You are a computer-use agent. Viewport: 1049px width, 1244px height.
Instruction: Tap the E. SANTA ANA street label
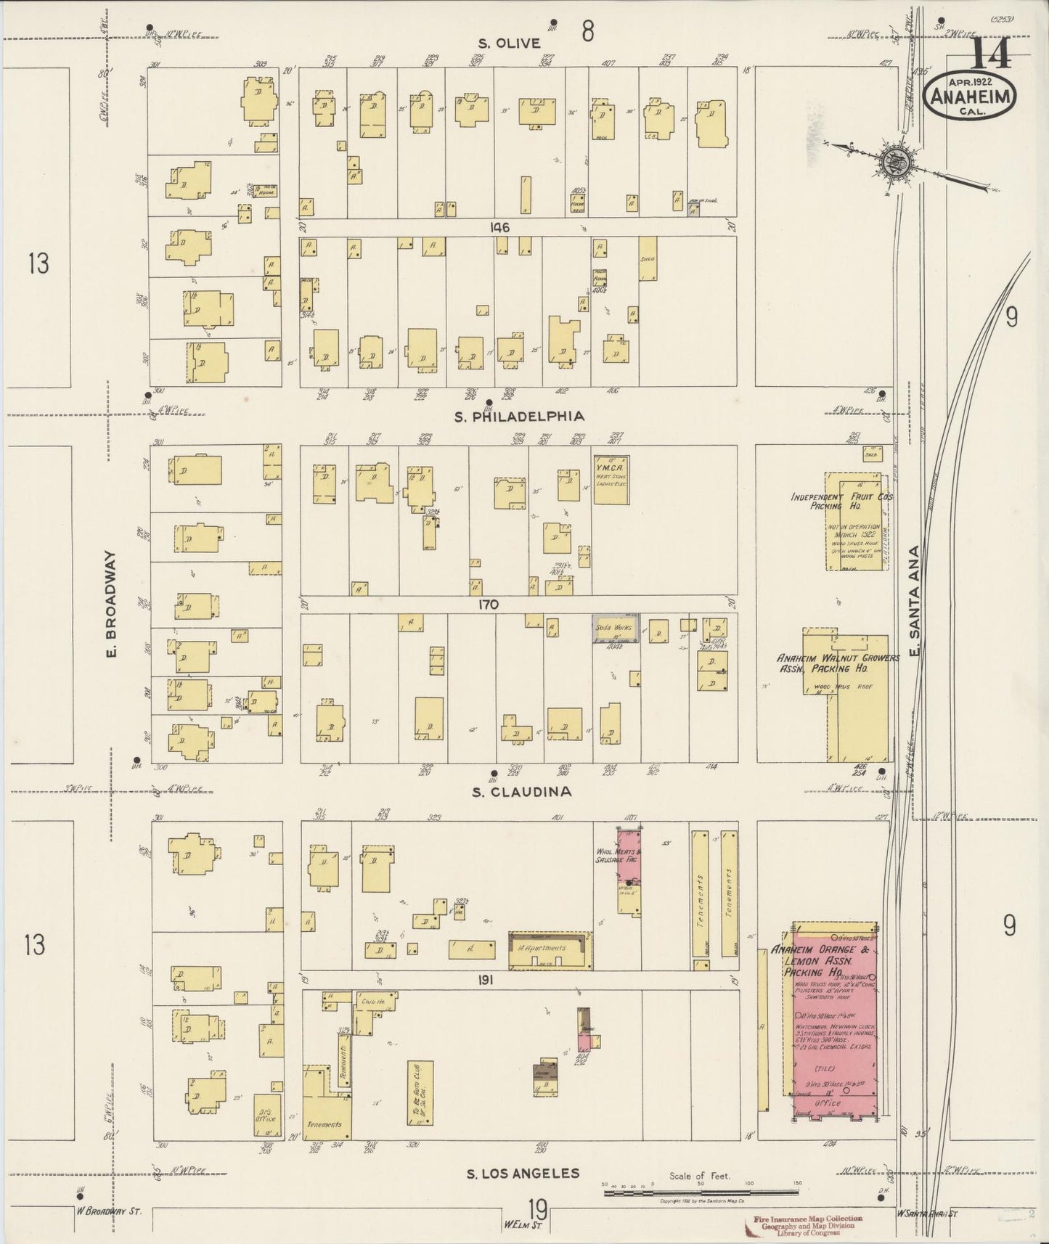(x=915, y=604)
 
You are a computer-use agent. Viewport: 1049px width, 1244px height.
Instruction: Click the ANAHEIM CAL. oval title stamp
(x=970, y=94)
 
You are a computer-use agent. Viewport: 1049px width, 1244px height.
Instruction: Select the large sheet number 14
(x=990, y=52)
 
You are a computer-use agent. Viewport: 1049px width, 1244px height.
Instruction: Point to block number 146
(x=499, y=228)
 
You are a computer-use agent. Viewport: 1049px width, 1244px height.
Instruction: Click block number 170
(x=488, y=604)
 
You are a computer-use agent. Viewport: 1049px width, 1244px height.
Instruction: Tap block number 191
(x=486, y=980)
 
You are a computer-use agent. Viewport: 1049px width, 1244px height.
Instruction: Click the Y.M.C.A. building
(x=611, y=479)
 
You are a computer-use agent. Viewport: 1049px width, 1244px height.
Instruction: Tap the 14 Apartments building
(x=548, y=949)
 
